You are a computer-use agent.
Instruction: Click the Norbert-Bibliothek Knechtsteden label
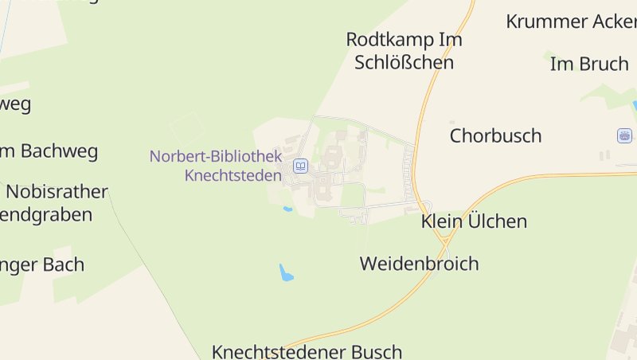[216, 166]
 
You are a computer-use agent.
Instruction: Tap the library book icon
[300, 166]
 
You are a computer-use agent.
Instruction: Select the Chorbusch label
[495, 135]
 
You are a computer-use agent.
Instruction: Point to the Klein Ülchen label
[474, 221]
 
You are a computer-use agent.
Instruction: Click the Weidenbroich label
[419, 263]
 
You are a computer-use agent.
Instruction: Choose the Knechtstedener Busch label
[307, 351]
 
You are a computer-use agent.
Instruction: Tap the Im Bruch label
[589, 65]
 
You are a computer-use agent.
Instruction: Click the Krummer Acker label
[571, 22]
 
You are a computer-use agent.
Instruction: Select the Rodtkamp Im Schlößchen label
[404, 50]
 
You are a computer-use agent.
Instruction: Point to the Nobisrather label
[57, 191]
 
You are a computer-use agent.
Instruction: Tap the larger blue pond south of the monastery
[286, 273]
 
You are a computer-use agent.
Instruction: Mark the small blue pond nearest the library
[287, 209]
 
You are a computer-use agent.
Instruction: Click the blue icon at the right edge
[624, 135]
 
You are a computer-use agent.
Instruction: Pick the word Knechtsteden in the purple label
[233, 175]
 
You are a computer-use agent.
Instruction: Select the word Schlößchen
[404, 62]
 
